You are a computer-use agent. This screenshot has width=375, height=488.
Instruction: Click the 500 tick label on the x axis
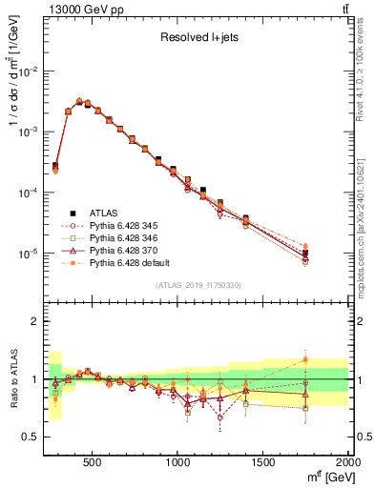pyautogui.click(x=93, y=464)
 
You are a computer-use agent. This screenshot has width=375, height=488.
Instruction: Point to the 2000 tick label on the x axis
pyautogui.click(x=347, y=464)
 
